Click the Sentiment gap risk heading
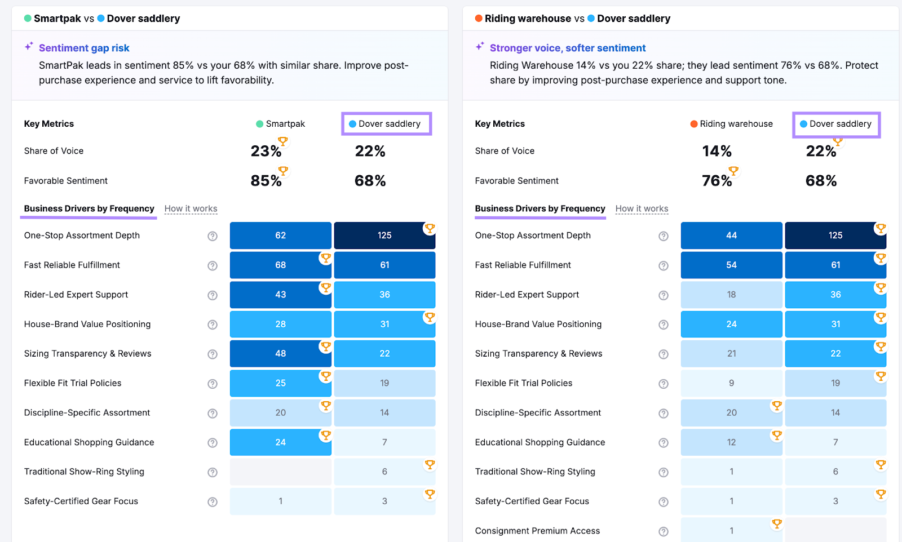(84, 48)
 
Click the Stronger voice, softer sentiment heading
(567, 48)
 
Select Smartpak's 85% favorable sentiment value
(266, 181)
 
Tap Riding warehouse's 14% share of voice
(717, 151)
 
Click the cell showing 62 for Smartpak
(280, 236)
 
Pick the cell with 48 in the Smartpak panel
(280, 354)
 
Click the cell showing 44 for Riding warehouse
(731, 236)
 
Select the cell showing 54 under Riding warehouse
(731, 265)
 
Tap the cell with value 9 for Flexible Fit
(731, 383)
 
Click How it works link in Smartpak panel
(191, 208)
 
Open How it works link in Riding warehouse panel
(642, 208)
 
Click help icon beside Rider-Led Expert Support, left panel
(213, 295)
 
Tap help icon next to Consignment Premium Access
(664, 531)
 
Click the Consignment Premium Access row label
(537, 531)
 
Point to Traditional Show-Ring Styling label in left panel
(84, 472)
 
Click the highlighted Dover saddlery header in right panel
(836, 124)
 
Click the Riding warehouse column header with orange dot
(731, 124)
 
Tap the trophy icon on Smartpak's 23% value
(283, 141)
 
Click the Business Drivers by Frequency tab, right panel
(540, 208)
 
